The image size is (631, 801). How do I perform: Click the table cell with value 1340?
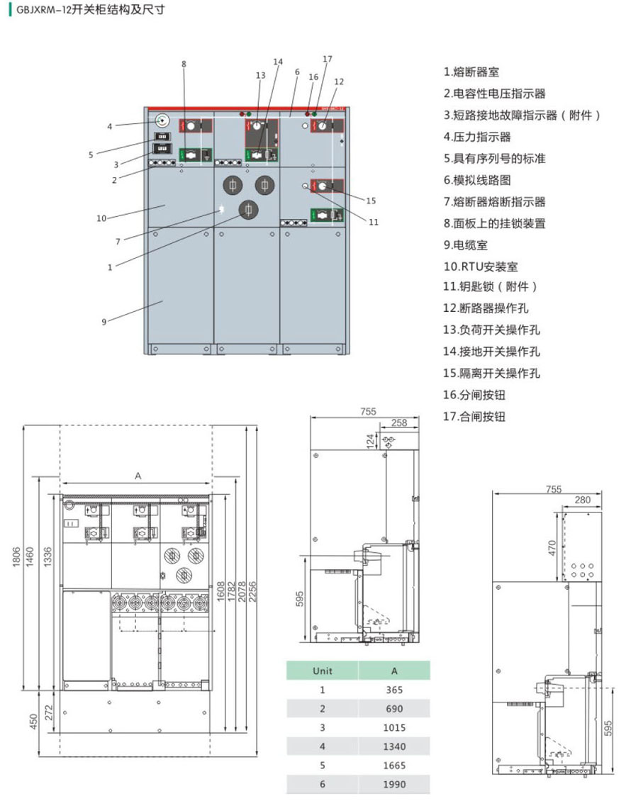click(x=394, y=746)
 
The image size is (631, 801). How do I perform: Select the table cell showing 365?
click(x=394, y=690)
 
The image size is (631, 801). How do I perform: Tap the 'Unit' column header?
click(x=323, y=671)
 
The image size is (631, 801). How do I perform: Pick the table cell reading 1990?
click(x=394, y=784)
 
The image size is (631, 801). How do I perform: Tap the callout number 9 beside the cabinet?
click(x=104, y=322)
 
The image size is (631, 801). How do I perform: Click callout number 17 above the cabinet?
click(x=327, y=59)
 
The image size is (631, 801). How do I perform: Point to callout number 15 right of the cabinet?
click(x=371, y=200)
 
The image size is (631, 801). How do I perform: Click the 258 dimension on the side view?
click(x=398, y=422)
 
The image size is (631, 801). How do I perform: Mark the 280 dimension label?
click(x=582, y=500)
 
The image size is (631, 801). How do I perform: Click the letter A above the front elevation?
click(x=138, y=476)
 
